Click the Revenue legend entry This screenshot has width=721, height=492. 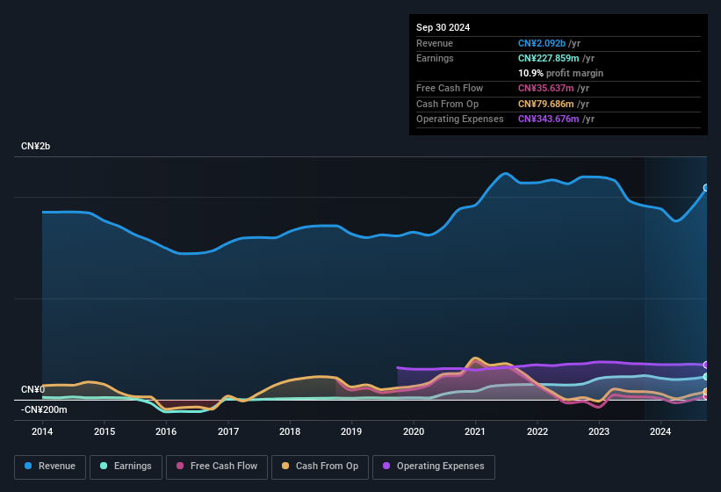coord(49,466)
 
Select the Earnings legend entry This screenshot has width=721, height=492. coord(126,466)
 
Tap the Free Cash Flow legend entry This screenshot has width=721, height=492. coord(217,466)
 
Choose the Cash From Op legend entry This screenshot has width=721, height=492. coord(319,466)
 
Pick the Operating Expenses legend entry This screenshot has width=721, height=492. coord(433,466)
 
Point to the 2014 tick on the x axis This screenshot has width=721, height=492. coord(42,431)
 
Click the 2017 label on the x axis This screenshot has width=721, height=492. coord(228,431)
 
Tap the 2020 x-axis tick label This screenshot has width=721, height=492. coord(414,431)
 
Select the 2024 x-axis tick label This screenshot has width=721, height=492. coord(661,431)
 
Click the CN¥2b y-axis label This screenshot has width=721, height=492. coord(36,146)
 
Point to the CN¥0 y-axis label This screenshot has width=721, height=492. coord(32,389)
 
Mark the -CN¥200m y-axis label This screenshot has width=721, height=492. coord(44,409)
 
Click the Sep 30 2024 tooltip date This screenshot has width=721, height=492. coord(443,27)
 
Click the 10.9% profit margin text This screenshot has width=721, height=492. coord(560,73)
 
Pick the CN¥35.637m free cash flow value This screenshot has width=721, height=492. coord(546,88)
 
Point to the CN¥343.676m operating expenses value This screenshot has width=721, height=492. coord(549,119)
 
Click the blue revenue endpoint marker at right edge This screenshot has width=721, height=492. coord(706,188)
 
